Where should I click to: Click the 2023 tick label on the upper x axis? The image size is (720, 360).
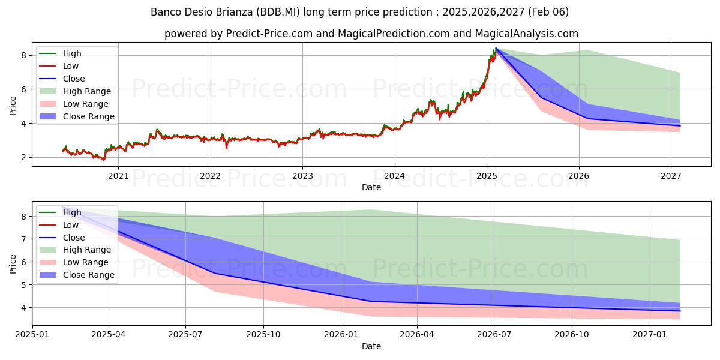click(302, 176)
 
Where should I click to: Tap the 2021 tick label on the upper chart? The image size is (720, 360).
click(118, 176)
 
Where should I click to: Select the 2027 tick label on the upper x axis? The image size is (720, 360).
click(671, 176)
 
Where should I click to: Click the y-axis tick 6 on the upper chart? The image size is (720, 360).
click(24, 89)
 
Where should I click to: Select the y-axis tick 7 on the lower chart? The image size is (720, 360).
click(24, 239)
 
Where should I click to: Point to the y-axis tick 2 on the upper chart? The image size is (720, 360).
click(24, 157)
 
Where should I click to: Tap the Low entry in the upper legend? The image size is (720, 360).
click(71, 66)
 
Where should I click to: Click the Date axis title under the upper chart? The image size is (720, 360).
click(371, 188)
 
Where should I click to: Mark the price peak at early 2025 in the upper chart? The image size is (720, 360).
click(495, 49)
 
